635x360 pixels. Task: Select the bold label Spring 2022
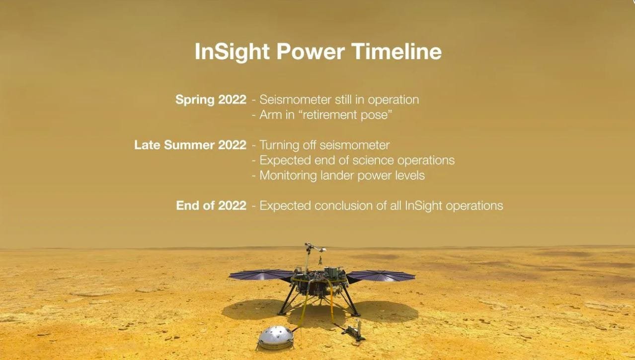(x=211, y=100)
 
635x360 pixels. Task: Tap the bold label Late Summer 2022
(x=190, y=145)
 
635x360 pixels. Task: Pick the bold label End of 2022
(x=211, y=206)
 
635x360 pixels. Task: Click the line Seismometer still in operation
(x=339, y=100)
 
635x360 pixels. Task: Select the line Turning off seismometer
(x=324, y=145)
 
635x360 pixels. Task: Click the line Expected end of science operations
(x=357, y=160)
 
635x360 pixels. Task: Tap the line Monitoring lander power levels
(x=342, y=175)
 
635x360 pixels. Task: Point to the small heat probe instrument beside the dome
(x=353, y=333)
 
